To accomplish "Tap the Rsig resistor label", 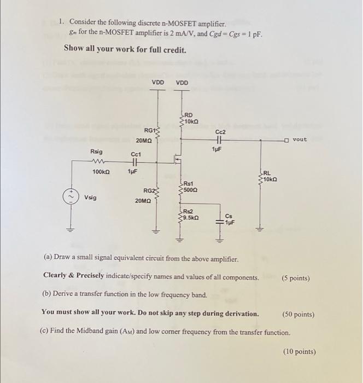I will coord(96,152).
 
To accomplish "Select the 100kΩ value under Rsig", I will coord(101,171).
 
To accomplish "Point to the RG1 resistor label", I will coord(150,130).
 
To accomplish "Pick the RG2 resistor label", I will coord(149,190).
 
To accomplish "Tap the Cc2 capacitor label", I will coord(220,132).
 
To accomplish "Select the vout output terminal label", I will coord(300,140).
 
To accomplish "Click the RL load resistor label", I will coord(270,173).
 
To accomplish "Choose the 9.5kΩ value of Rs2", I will coord(191,217).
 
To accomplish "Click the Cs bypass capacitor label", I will coord(229,216).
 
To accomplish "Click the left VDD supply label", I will coord(157,83).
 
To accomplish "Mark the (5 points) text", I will coord(296,278).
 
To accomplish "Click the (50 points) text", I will coord(298,315).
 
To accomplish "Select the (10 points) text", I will coord(299,352).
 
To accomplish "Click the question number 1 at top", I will coord(62,22).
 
